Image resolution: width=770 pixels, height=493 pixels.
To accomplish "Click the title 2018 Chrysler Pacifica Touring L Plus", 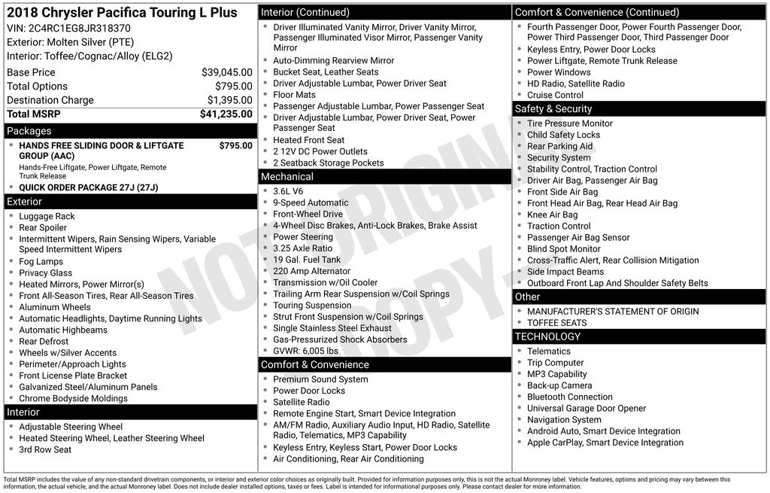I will pos(122,13).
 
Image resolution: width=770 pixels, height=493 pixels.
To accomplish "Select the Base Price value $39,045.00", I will pos(226,72).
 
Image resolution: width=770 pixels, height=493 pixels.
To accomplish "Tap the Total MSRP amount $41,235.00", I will pos(226,114).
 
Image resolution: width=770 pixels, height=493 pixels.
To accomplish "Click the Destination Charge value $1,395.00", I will pos(229,100).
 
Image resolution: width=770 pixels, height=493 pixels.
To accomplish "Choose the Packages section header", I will pos(29,131).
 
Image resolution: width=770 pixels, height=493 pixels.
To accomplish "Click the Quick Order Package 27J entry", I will pos(89,187).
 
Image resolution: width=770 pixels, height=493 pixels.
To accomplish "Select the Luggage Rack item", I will pos(47,216).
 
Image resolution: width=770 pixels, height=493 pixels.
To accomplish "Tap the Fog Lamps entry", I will pos(41,261).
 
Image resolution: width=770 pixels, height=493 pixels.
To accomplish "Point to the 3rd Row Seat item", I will pos(45,449).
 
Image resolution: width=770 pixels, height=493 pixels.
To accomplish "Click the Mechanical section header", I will pos(286,176).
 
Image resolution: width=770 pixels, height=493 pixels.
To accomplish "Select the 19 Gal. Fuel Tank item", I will pos(307,260).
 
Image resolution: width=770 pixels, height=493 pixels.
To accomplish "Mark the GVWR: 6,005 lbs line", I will pos(305,351).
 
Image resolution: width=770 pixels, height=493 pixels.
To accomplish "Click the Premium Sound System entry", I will pos(320,379).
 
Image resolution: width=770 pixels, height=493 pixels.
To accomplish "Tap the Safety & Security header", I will pos(553,108).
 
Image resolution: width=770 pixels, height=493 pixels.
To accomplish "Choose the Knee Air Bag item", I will pos(553,215).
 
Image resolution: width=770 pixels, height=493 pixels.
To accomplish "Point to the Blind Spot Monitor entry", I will pos(564,248).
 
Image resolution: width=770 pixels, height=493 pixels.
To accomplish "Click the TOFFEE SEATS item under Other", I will pos(557,323).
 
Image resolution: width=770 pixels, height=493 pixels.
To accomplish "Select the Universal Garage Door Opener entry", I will pos(587,408).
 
